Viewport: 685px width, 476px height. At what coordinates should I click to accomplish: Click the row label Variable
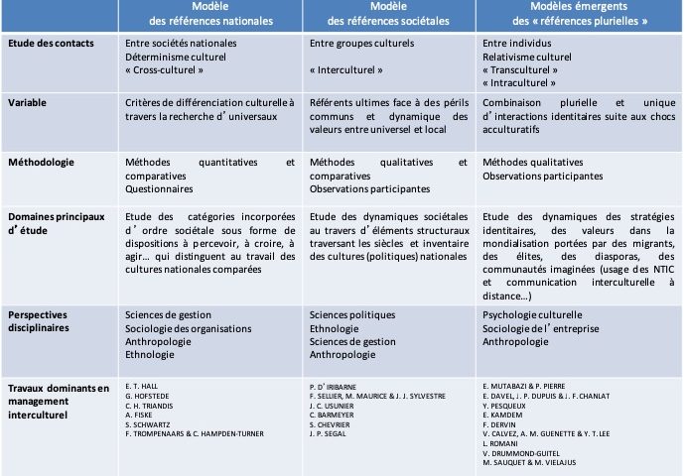(x=26, y=101)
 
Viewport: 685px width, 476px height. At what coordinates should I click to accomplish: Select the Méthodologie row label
(x=39, y=162)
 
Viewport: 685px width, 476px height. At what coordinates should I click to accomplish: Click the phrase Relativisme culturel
(x=526, y=58)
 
